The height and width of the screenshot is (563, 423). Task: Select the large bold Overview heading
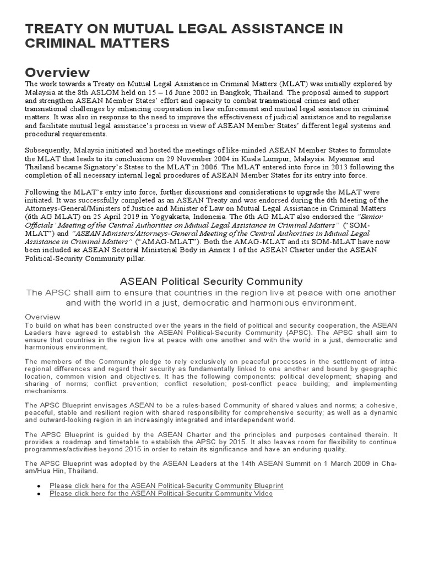(57, 73)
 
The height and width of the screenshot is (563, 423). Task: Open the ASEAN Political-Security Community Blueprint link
(166, 486)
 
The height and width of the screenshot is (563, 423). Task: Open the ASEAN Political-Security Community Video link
(161, 494)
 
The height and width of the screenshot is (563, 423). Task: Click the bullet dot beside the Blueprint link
(38, 487)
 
